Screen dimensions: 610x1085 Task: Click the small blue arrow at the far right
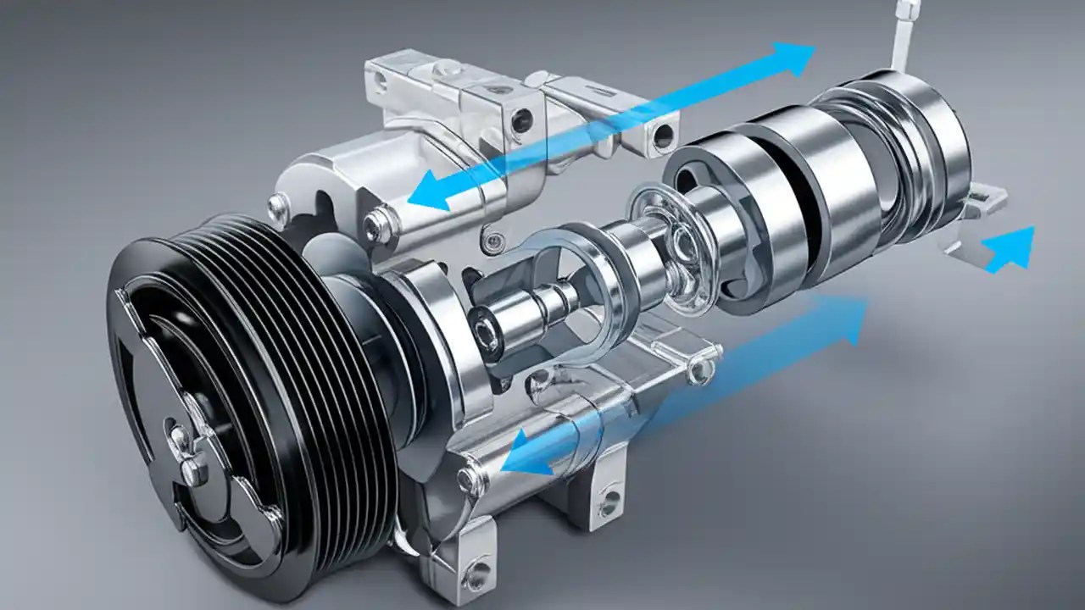point(1013,248)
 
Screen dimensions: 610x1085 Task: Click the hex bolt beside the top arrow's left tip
point(378,224)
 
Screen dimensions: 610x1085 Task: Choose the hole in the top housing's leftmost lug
point(381,81)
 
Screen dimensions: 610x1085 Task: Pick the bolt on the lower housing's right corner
point(700,369)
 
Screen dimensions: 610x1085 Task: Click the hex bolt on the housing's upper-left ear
point(277,204)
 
